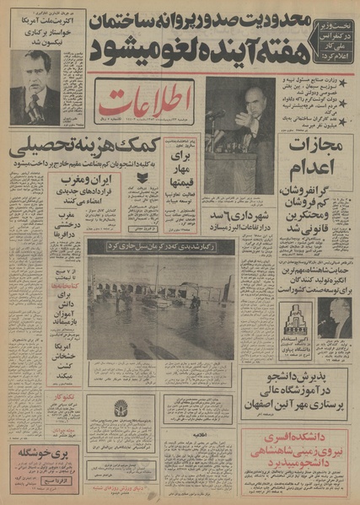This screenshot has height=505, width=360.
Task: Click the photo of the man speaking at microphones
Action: pyautogui.click(x=239, y=132)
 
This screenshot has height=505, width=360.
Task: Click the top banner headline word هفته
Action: pyautogui.click(x=291, y=54)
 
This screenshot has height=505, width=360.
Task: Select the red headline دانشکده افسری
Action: pyautogui.click(x=308, y=439)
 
